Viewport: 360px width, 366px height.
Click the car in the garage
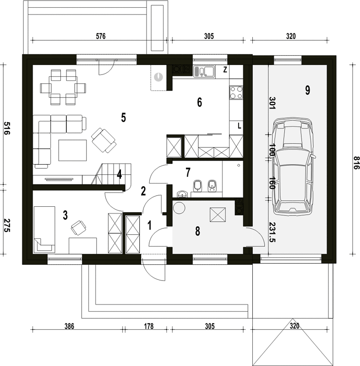point(293,166)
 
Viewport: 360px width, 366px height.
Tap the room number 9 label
point(307,90)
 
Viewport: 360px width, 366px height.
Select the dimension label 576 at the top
point(101,36)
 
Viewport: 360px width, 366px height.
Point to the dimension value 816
point(356,163)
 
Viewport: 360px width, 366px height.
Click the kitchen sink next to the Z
point(204,71)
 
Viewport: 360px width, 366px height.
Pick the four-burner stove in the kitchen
point(236,92)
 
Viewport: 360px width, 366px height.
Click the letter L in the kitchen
point(239,126)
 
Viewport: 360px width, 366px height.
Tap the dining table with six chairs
point(63,87)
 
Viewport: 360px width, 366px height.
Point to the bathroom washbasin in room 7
point(182,194)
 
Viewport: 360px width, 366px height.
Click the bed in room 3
point(44,230)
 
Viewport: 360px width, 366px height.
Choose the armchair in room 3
point(78,227)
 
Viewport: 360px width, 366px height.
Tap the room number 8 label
point(198,231)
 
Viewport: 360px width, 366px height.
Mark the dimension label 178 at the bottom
point(149,326)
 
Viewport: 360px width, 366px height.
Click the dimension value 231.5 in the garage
point(272,232)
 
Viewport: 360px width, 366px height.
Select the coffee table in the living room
point(72,151)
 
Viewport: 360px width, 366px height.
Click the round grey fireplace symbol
point(158,77)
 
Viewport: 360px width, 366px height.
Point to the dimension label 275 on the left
point(6,225)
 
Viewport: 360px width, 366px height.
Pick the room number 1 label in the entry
point(149,226)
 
